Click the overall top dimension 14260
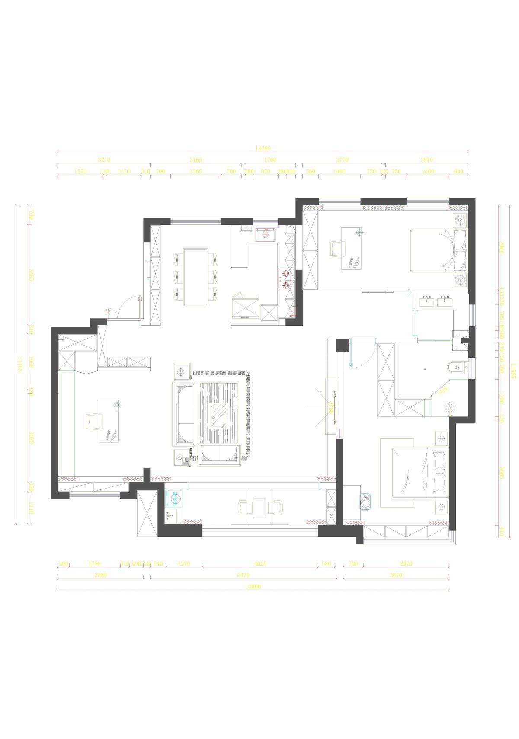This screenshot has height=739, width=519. tap(263, 148)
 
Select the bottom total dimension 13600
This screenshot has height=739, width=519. tap(253, 587)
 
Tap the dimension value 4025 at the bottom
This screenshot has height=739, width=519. tap(260, 563)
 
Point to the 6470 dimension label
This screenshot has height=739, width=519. tap(243, 575)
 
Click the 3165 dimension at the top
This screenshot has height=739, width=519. tap(195, 160)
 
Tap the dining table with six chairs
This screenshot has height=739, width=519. tap(195, 277)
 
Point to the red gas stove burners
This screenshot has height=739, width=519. tap(285, 279)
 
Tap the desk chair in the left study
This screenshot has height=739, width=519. tap(93, 421)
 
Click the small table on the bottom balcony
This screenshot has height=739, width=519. tap(260, 507)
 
